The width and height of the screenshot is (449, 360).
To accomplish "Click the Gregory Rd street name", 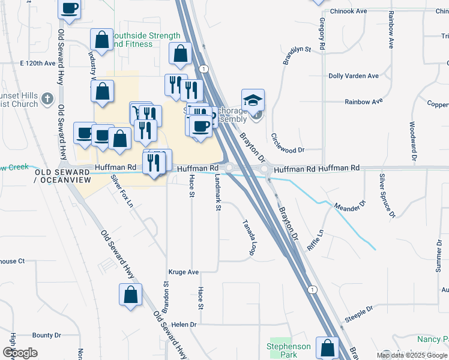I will [x=322, y=34].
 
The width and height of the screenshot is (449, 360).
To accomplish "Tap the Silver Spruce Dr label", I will [x=387, y=196].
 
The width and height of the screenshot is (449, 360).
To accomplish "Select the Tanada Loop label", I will [x=249, y=235].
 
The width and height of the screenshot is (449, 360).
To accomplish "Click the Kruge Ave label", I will [x=184, y=272].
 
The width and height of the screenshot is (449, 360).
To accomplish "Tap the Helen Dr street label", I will [x=184, y=325].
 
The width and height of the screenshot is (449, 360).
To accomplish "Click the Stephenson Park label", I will [x=289, y=350].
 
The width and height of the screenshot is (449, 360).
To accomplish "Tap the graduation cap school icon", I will [x=253, y=100].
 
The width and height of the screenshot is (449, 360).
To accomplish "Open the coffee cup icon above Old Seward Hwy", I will [x=70, y=8].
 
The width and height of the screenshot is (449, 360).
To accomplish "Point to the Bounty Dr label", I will [x=43, y=335].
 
